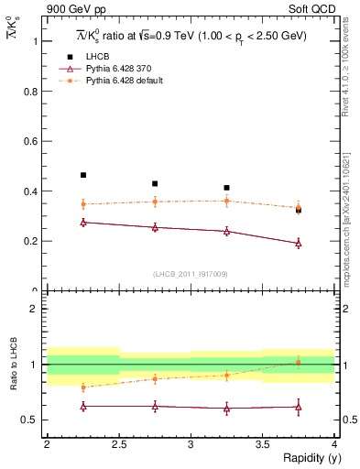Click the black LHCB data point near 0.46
click(x=83, y=175)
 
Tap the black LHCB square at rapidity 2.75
click(x=155, y=183)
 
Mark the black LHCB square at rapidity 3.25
click(x=226, y=188)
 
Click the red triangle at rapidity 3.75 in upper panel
click(x=298, y=244)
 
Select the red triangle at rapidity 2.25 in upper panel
click(x=83, y=223)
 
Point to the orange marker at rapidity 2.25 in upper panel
click(x=83, y=204)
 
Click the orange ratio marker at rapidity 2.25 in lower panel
click(x=83, y=387)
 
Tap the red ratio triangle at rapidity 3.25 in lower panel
click(x=226, y=409)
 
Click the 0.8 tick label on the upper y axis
click(x=34, y=92)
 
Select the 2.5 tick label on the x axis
click(x=118, y=444)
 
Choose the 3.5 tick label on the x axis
click(x=262, y=444)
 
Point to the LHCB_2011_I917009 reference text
click(x=190, y=274)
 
